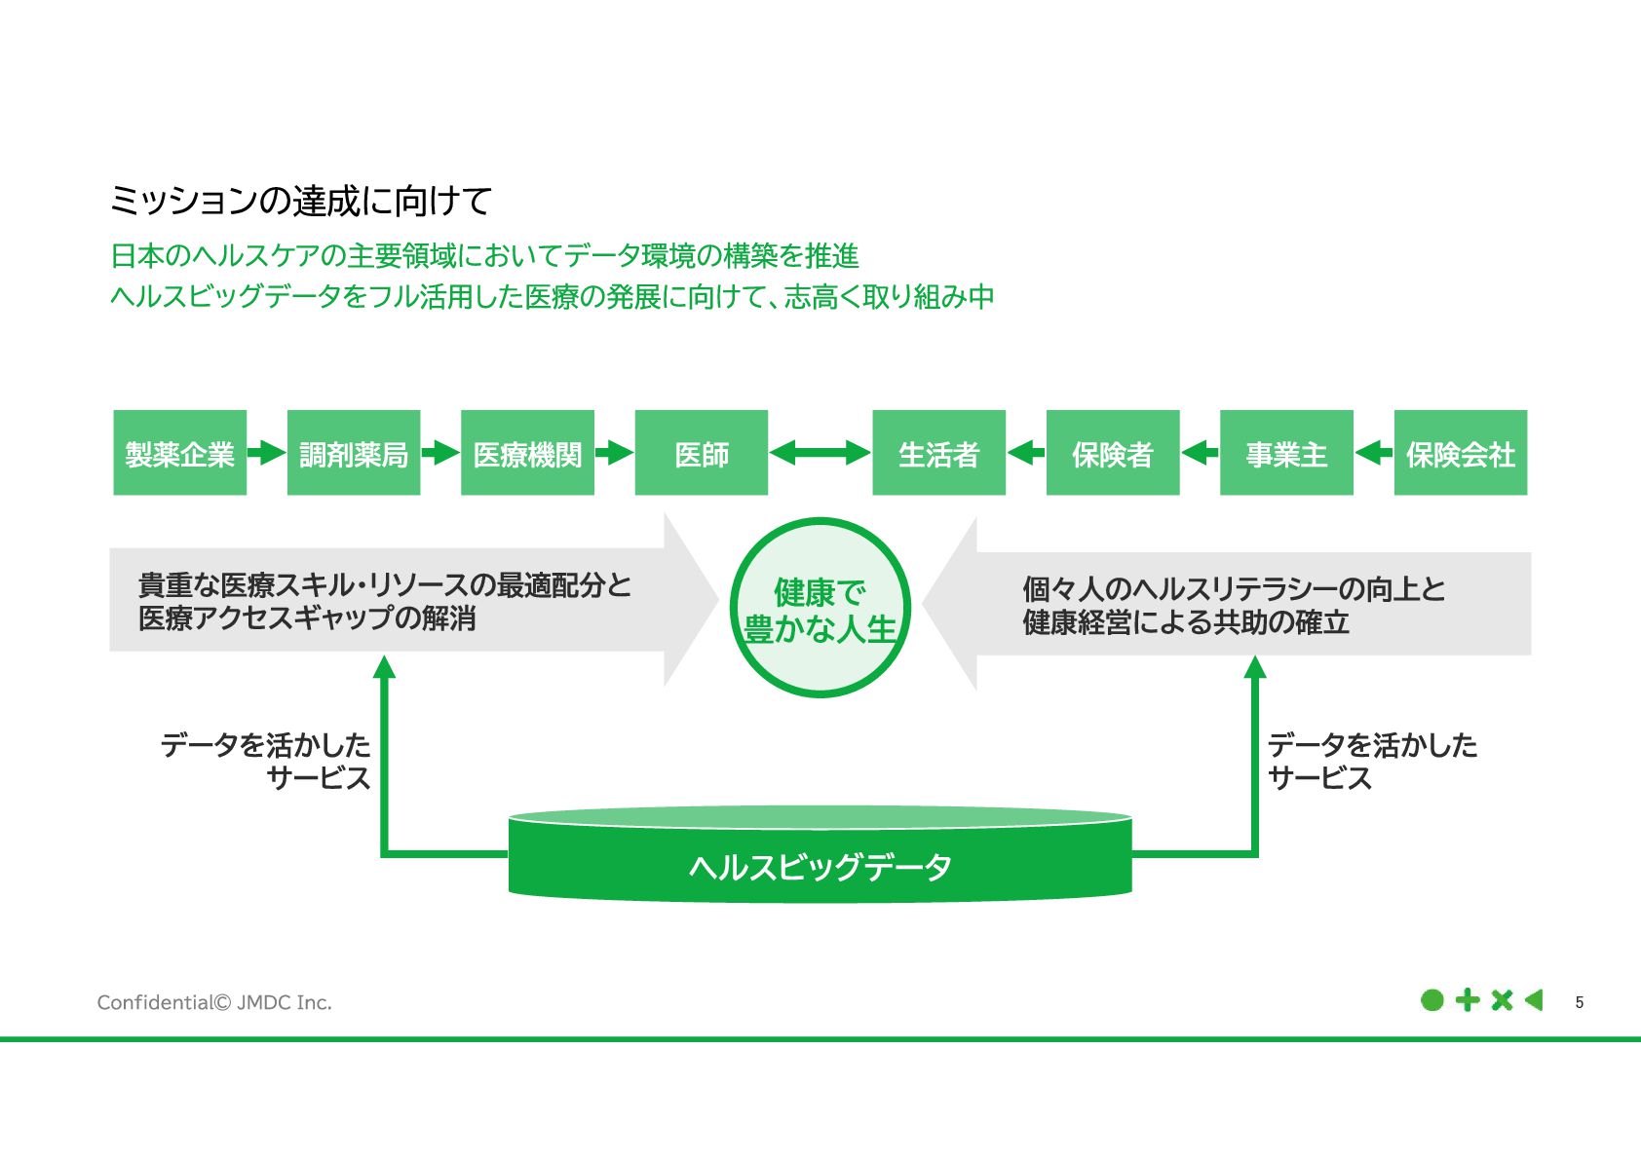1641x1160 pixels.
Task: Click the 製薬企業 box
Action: pyautogui.click(x=179, y=453)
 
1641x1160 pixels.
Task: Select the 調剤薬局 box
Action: pyautogui.click(x=354, y=453)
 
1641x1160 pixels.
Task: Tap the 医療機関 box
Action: pyautogui.click(x=527, y=453)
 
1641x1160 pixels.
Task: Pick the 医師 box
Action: pyautogui.click(x=702, y=453)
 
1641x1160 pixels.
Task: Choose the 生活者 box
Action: pyautogui.click(x=938, y=453)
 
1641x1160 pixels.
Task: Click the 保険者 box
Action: pyautogui.click(x=1113, y=453)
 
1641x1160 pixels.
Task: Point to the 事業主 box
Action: pyautogui.click(x=1286, y=453)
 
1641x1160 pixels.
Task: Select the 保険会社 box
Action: pyautogui.click(x=1460, y=453)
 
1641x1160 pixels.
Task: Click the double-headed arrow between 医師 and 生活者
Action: pyautogui.click(x=820, y=453)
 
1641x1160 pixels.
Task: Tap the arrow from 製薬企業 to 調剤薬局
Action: pyautogui.click(x=266, y=453)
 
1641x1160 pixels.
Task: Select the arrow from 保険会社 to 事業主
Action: pyautogui.click(x=1374, y=453)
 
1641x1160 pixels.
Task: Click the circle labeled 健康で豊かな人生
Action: pyautogui.click(x=820, y=608)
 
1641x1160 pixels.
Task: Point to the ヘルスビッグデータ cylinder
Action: pyautogui.click(x=820, y=863)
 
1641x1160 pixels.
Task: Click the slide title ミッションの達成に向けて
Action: pyautogui.click(x=300, y=201)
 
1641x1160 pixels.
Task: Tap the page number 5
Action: pyautogui.click(x=1580, y=1002)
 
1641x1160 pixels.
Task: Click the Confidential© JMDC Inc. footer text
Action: pyautogui.click(x=214, y=1002)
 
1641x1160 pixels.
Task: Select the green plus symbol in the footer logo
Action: pyautogui.click(x=1467, y=1000)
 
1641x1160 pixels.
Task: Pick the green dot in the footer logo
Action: pyautogui.click(x=1431, y=1000)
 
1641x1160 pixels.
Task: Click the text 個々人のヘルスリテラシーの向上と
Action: pyautogui.click(x=1234, y=588)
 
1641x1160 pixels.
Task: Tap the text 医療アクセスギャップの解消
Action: pyautogui.click(x=307, y=618)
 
